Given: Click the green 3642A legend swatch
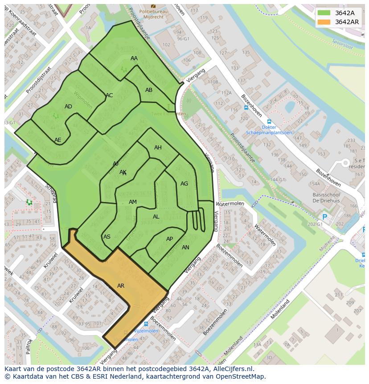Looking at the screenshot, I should pyautogui.click(x=324, y=12).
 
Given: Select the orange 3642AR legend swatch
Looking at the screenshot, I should pyautogui.click(x=324, y=22).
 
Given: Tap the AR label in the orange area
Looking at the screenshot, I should pyautogui.click(x=121, y=285).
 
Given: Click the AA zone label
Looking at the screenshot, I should pyautogui.click(x=134, y=58).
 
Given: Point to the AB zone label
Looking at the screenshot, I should pyautogui.click(x=149, y=90).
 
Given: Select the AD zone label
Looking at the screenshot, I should pyautogui.click(x=68, y=107).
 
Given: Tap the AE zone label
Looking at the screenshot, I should pyautogui.click(x=58, y=140).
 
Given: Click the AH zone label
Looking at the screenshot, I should pyautogui.click(x=158, y=148).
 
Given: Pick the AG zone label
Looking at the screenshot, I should pyautogui.click(x=184, y=184).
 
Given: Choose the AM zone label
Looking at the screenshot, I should pyautogui.click(x=133, y=202).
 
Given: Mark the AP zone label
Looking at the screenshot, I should pyautogui.click(x=169, y=239).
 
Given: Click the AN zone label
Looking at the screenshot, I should pyautogui.click(x=185, y=248).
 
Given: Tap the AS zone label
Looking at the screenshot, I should pyautogui.click(x=107, y=237).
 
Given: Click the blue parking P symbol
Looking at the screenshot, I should pyautogui.click(x=324, y=217).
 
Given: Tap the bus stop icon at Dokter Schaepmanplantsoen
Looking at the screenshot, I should pyautogui.click(x=269, y=121).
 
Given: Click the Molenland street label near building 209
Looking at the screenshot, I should pyautogui.click(x=280, y=309).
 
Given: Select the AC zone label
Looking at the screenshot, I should pyautogui.click(x=109, y=95).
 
